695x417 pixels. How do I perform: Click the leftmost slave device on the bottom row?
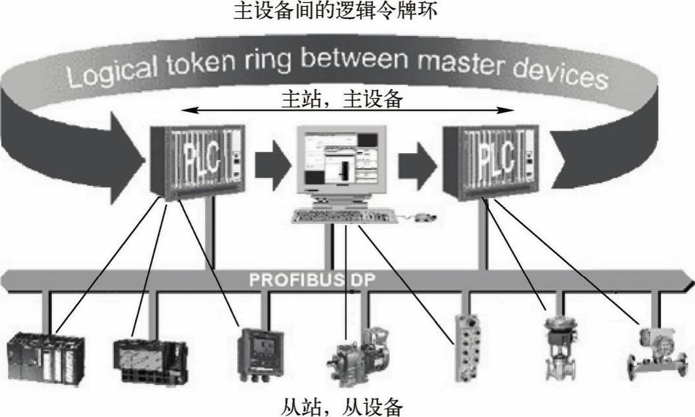[x=45, y=357]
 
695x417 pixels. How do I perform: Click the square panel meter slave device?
[x=261, y=351]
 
